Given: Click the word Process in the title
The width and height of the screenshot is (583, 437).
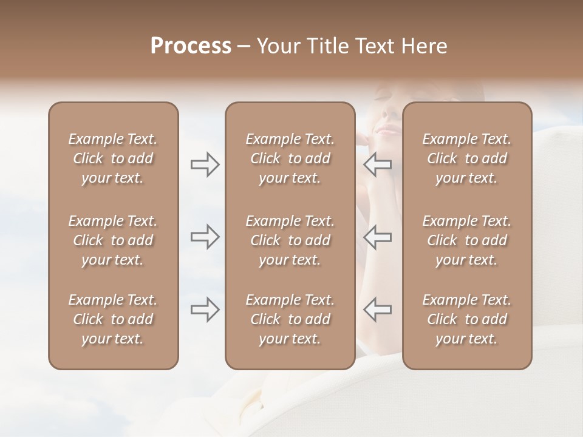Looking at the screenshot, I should (191, 46).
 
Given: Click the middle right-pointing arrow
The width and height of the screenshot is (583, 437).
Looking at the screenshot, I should (205, 237).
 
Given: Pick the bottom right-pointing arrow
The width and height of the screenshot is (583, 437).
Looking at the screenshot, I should (205, 310).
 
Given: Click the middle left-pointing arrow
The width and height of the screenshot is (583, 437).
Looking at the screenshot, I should (378, 237).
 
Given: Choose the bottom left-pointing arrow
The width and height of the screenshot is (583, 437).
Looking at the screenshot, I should (378, 310).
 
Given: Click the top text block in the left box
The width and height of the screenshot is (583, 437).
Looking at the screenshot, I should (113, 158).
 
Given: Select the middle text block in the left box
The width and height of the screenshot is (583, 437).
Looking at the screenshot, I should (113, 240).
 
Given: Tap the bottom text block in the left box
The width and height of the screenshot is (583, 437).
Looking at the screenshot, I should (113, 319).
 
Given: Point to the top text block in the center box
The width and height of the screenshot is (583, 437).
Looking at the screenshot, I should (290, 158).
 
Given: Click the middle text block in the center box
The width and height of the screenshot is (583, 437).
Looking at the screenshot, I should (290, 240).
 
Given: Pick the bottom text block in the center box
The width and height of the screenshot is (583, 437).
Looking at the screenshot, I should (290, 319).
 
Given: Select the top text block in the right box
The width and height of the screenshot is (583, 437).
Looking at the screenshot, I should (467, 158).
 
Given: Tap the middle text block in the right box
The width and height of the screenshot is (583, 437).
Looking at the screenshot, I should (467, 240).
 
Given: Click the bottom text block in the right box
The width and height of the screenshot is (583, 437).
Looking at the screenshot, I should (467, 319).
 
